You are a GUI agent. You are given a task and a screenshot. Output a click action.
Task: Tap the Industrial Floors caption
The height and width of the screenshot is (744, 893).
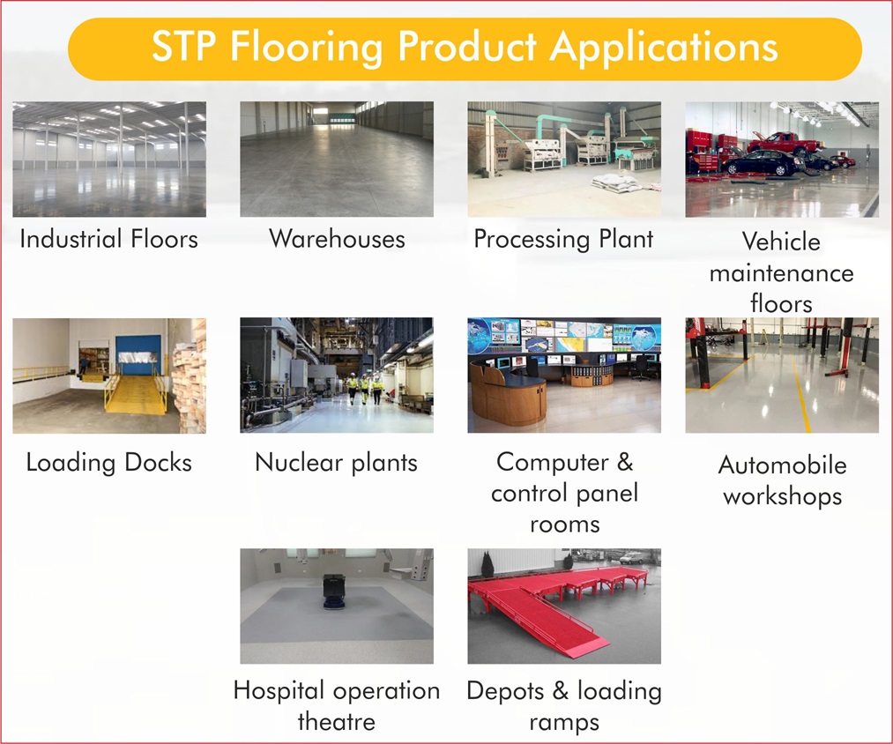[x=108, y=239]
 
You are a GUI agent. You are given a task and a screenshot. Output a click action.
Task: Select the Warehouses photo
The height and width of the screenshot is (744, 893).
[x=336, y=159]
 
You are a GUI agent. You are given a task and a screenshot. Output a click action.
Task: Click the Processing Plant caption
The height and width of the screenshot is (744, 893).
[x=563, y=239]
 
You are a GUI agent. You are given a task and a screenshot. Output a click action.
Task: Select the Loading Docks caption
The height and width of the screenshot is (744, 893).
[x=108, y=463]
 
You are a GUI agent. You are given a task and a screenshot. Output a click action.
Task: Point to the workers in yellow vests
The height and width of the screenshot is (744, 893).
[x=364, y=388]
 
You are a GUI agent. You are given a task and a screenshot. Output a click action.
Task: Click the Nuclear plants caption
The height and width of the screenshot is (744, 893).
[x=336, y=463]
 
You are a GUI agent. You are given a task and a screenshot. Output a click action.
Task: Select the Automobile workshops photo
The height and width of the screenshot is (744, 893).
[x=781, y=375]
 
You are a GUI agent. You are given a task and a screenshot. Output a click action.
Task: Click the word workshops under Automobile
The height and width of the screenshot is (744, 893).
[x=782, y=496]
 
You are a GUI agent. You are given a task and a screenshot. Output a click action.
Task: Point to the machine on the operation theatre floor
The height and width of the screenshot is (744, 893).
[x=332, y=591]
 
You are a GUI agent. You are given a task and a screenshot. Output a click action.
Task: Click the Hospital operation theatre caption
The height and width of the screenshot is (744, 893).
[x=336, y=706]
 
